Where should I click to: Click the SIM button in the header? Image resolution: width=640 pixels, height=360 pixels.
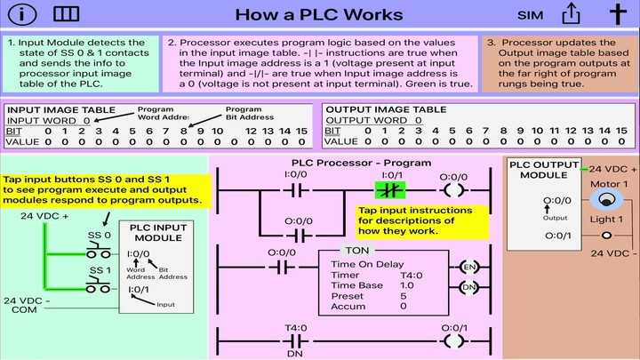coord(531,15)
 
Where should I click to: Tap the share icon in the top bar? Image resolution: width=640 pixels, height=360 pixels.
coord(572,14)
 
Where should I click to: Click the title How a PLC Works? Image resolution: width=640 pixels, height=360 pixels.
coord(319,15)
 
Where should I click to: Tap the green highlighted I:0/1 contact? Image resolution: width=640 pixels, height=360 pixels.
coord(391,190)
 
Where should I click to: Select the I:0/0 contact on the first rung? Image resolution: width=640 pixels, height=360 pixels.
coord(296,190)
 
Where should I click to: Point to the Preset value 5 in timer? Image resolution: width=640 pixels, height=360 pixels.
coord(403,296)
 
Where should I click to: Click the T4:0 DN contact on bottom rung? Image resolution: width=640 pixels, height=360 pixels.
coord(296,341)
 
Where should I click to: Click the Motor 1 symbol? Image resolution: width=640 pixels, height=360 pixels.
coord(606,201)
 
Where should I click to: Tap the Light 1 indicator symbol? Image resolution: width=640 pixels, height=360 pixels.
coord(606,235)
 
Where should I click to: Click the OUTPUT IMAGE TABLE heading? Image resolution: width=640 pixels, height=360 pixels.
coord(385,109)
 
